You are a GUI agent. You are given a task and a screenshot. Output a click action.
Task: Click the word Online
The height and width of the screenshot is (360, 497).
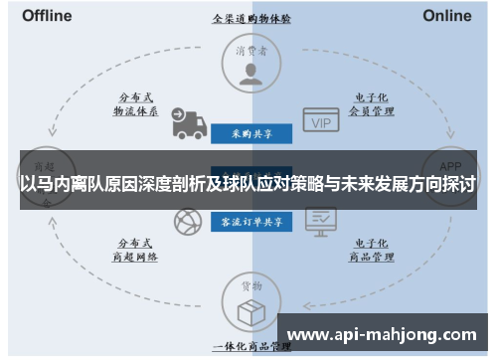pos(446,15)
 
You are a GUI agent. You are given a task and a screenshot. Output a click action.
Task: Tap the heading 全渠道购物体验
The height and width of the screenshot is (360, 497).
pos(250,18)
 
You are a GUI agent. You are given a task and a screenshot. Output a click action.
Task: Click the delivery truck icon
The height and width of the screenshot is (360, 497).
pos(187,122)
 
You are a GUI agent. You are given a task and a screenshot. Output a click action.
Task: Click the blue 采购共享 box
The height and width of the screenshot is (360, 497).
pos(250,132)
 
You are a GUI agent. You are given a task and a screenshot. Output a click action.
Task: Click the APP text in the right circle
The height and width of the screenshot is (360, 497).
pos(450,166)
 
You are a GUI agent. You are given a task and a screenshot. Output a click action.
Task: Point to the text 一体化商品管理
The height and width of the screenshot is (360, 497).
pos(250,347)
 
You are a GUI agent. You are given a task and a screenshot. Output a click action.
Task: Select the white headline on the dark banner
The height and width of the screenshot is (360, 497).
pos(248,184)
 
